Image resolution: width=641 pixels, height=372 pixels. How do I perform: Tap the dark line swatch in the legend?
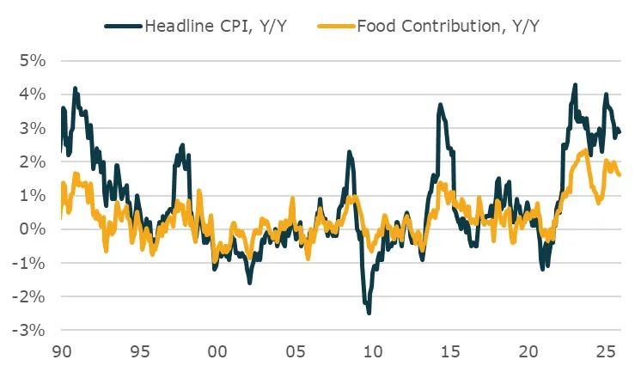[x=123, y=26]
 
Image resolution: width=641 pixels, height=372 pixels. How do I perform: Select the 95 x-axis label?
[x=140, y=351]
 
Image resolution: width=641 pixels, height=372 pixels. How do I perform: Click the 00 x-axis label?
[x=217, y=351]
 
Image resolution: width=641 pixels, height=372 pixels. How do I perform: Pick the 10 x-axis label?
[x=373, y=351]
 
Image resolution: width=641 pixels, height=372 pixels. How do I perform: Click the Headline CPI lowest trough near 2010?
[x=369, y=313]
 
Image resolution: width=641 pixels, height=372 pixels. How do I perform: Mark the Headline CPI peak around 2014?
[x=440, y=105]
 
